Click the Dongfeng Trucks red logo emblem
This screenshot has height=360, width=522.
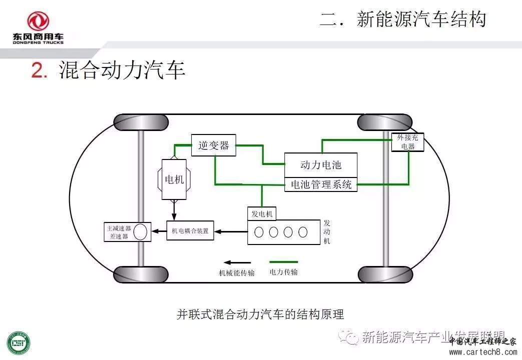(x=38, y=21)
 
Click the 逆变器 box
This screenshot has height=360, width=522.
(x=214, y=145)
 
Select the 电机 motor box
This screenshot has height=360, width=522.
(x=174, y=179)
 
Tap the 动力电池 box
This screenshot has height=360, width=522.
(x=321, y=165)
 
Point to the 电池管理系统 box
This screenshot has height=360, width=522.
(x=321, y=184)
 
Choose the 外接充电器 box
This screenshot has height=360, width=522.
(x=408, y=142)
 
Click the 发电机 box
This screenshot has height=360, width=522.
(x=262, y=213)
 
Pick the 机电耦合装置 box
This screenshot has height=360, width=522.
(x=190, y=231)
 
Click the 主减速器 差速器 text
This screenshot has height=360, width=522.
(x=118, y=232)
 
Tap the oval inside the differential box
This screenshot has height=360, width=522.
(x=141, y=231)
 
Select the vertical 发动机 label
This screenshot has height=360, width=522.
(x=327, y=231)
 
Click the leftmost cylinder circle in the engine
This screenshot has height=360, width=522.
(x=259, y=232)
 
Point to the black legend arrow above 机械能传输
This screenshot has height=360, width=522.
(x=237, y=262)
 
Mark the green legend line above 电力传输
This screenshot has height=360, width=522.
(x=283, y=261)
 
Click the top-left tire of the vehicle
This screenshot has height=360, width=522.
(x=141, y=122)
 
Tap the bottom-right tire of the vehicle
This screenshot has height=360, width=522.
(x=385, y=274)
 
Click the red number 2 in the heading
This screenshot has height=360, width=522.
(x=38, y=71)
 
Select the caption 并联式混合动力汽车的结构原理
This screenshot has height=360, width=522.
(x=260, y=314)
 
